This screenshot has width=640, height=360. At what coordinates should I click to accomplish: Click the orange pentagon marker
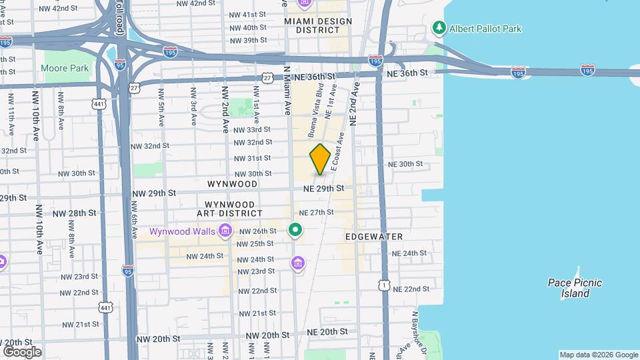point(320,159)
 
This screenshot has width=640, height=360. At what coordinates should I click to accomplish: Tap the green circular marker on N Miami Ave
point(295,231)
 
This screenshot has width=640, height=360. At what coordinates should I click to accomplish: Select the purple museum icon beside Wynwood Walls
point(225,231)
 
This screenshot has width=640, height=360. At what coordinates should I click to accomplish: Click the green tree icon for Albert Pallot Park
point(439,28)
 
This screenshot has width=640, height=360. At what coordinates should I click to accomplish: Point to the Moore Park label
point(65,68)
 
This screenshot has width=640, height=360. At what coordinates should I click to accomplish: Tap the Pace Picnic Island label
point(575,288)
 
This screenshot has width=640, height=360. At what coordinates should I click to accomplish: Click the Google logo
point(22,351)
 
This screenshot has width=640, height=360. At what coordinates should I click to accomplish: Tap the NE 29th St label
point(323,189)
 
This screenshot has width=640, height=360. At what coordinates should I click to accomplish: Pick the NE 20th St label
point(327,331)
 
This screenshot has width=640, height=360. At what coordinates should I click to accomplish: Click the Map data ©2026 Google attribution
point(598,355)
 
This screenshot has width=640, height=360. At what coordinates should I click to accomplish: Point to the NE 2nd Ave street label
point(353,103)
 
